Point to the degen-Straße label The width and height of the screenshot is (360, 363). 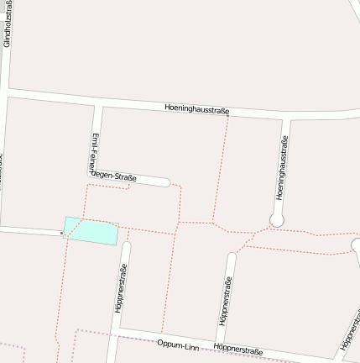[113, 175]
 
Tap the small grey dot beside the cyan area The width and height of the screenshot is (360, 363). [62, 234]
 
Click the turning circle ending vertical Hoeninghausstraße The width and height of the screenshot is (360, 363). [277, 220]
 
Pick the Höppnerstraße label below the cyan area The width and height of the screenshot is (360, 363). [121, 288]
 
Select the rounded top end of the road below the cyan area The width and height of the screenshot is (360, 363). [127, 247]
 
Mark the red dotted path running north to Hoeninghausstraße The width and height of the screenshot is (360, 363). [221, 168]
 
